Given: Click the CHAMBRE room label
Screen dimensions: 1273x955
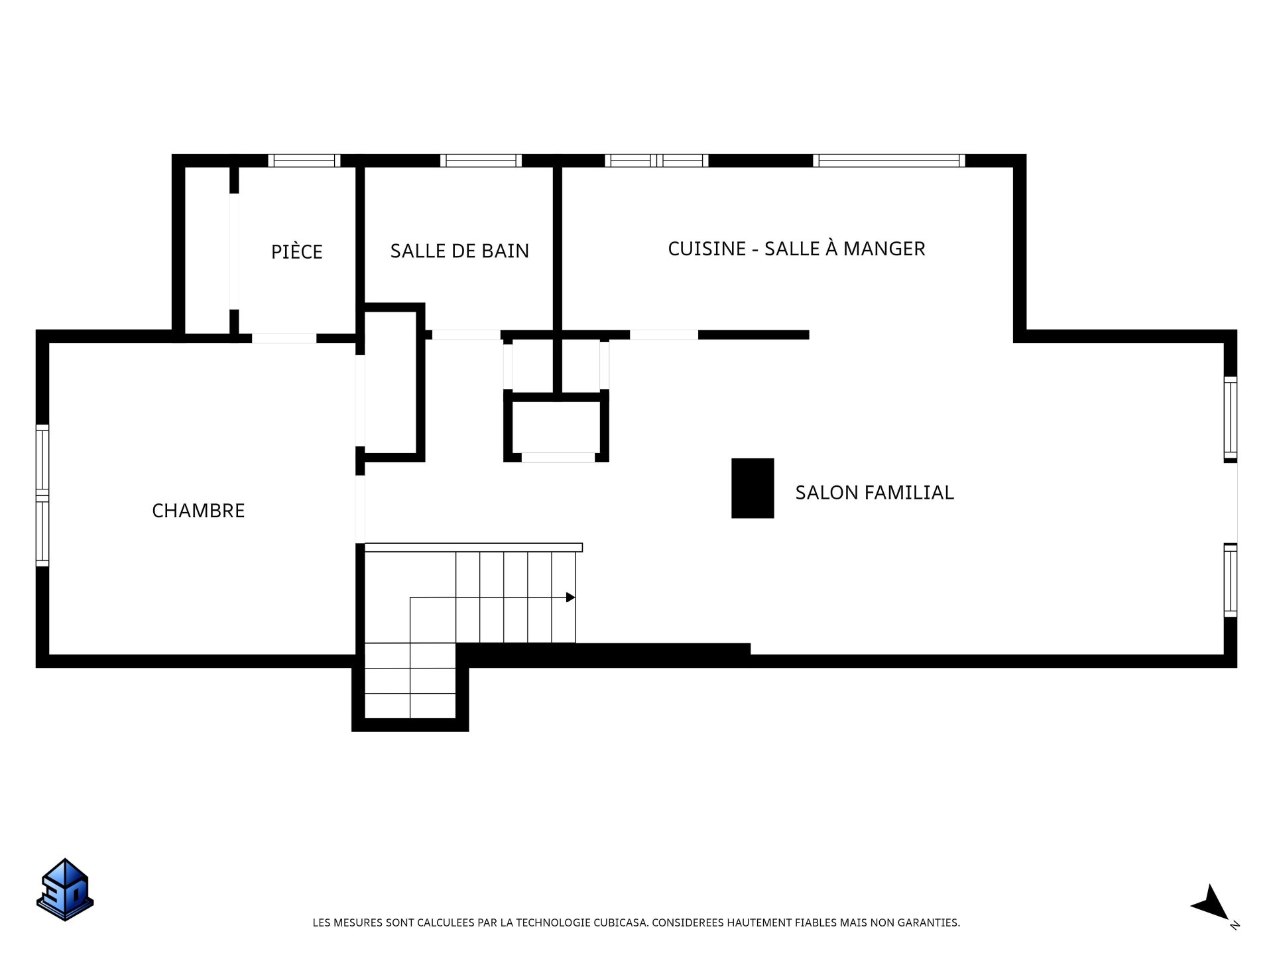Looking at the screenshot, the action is point(198,511).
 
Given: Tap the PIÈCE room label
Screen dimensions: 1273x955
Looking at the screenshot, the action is point(296,251).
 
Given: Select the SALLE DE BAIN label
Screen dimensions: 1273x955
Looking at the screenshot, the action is point(459,251).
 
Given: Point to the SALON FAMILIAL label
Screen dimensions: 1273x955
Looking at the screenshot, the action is point(875,492).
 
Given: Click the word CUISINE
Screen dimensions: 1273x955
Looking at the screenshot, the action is point(707,249).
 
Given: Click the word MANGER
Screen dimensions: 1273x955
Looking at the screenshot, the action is point(885,249).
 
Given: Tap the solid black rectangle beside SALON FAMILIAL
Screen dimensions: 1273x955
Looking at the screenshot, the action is point(753,488).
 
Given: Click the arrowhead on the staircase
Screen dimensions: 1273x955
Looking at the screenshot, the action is point(570,598).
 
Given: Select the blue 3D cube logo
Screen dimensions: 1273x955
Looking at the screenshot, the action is point(65,889).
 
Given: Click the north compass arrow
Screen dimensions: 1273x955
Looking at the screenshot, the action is point(1212,903).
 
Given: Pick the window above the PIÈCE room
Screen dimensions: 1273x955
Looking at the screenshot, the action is point(304,160).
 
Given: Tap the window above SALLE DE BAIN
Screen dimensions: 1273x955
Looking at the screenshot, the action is point(481,160).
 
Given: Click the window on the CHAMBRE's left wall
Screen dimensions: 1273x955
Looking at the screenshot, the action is point(42,495).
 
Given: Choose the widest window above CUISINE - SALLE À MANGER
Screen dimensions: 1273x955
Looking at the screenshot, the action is point(889,160).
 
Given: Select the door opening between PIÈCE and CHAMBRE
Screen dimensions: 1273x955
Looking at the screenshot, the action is point(284,338).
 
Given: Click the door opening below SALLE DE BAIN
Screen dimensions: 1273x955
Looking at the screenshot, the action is point(466,335).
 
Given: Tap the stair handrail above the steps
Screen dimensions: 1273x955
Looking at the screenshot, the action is point(473,548).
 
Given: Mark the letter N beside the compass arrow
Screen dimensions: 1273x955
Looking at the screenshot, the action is point(1235,925).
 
